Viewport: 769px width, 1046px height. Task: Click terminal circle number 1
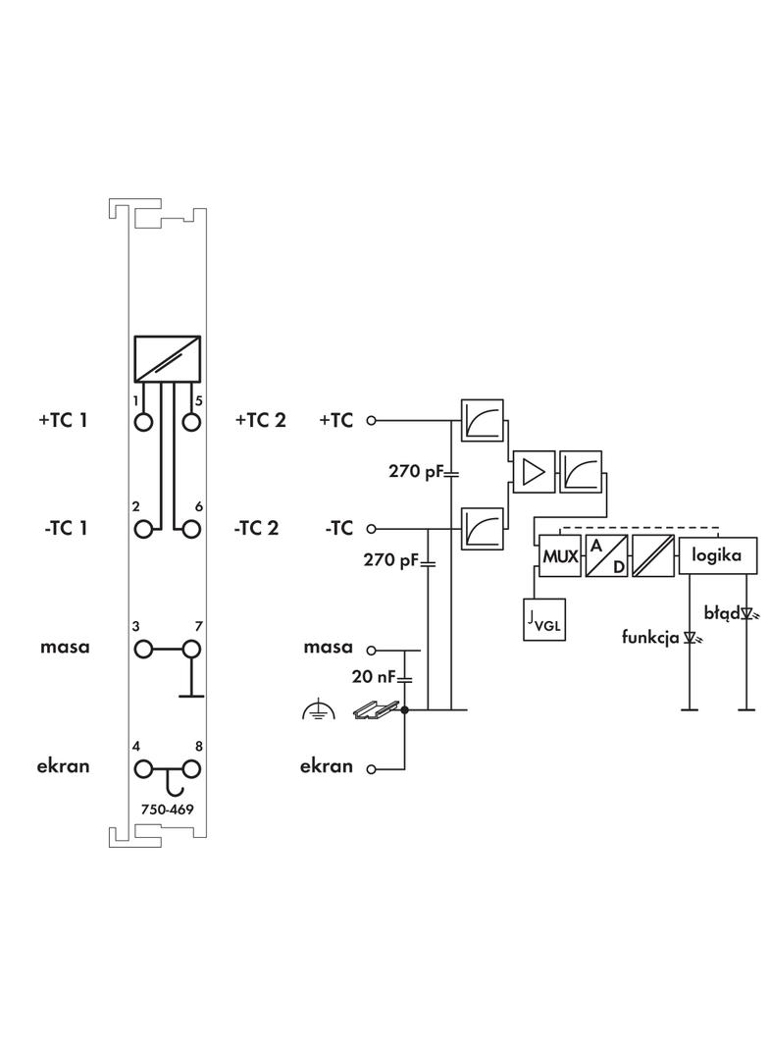point(144,422)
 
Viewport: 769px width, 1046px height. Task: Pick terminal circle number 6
point(191,529)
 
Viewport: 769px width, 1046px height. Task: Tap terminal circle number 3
point(144,650)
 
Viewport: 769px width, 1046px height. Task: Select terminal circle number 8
point(191,768)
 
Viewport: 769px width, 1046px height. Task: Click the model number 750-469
point(167,811)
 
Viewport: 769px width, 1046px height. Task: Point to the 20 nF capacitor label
point(374,676)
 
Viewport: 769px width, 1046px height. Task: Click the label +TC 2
point(261,421)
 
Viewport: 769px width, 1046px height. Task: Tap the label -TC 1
point(66,528)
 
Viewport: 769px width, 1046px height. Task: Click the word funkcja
point(650,637)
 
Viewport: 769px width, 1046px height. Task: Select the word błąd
point(721,613)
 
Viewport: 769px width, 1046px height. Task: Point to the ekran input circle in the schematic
point(371,770)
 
